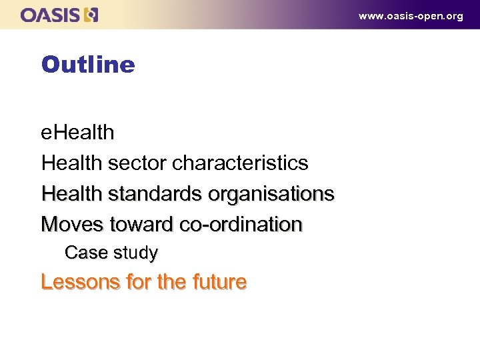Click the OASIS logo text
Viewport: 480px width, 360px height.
[51, 15]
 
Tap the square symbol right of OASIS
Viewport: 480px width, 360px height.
[92, 15]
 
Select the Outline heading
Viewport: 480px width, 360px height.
[88, 65]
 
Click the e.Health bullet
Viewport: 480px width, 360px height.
[77, 132]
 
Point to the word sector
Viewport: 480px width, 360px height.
[138, 163]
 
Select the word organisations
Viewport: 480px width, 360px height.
[271, 193]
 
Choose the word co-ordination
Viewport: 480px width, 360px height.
[241, 224]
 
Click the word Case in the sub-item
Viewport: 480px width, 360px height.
[81, 253]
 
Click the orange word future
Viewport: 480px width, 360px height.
[215, 282]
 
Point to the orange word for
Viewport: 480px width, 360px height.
[138, 282]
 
